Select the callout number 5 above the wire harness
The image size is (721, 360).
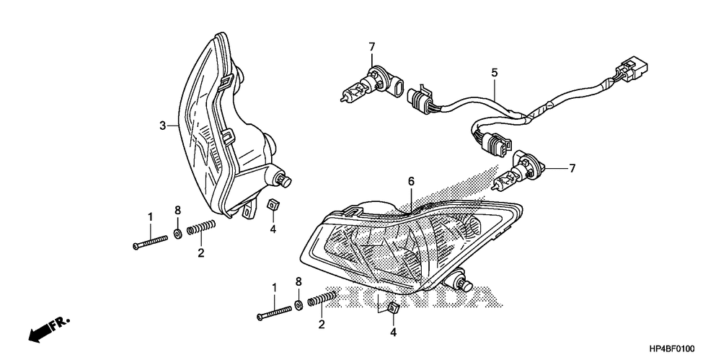[495, 72]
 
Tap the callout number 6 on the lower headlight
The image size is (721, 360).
[411, 182]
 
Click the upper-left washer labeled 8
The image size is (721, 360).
[177, 234]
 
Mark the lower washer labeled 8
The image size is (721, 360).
[298, 305]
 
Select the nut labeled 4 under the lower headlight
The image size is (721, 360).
[394, 308]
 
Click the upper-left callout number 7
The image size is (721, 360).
[372, 48]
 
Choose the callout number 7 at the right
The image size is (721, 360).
[572, 169]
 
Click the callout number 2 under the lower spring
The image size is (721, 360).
[322, 325]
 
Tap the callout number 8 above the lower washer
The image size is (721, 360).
[298, 281]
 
